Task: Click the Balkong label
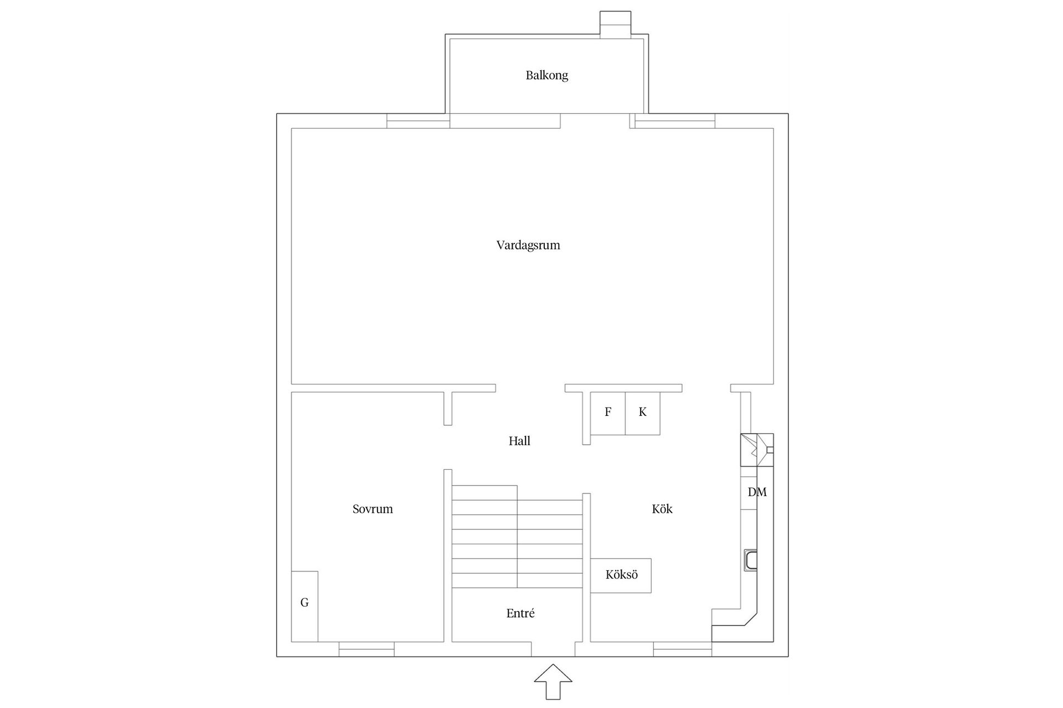coord(546,75)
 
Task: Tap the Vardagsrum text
coord(528,245)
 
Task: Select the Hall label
coord(519,441)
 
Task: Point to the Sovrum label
coord(373,509)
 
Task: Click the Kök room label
coord(662,509)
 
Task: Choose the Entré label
coord(520,613)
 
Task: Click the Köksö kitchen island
coord(621,575)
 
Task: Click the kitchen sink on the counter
coord(750,560)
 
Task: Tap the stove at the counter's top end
coord(756,450)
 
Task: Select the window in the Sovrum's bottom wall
coord(367,649)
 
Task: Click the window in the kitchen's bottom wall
coord(682,649)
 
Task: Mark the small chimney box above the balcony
coord(615,25)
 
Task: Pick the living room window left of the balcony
coord(418,121)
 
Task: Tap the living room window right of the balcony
coord(674,121)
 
